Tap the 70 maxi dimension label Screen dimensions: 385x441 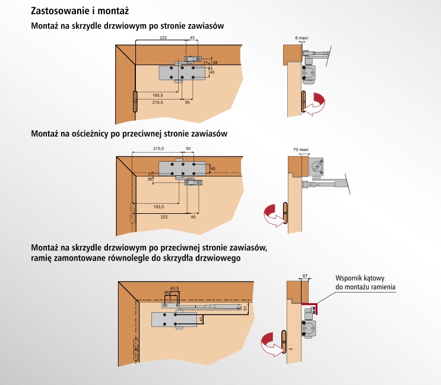pyautogui.click(x=302, y=150)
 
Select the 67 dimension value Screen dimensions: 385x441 pyautogui.click(x=304, y=276)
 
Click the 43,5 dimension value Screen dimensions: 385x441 pyautogui.click(x=175, y=288)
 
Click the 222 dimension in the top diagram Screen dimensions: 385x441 pyautogui.click(x=163, y=37)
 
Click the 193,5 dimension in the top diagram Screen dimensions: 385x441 pyautogui.click(x=158, y=95)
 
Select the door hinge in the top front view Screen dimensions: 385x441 pyautogui.click(x=135, y=101)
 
